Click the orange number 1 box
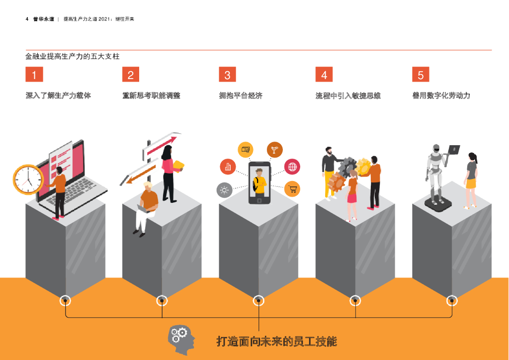(x=34, y=75)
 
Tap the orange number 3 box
(x=227, y=75)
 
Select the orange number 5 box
(x=421, y=75)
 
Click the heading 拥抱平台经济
(x=241, y=95)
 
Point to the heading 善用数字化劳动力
(x=441, y=95)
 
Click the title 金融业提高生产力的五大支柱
(x=73, y=57)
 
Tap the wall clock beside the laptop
(x=28, y=180)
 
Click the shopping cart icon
(x=292, y=189)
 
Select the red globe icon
(x=292, y=167)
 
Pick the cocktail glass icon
(x=274, y=150)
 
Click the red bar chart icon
(x=228, y=167)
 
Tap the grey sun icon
(x=224, y=190)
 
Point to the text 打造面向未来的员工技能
(x=276, y=342)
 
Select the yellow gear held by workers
(x=363, y=167)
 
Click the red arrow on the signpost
(x=162, y=145)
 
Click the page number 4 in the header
(x=27, y=19)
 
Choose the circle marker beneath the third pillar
(x=258, y=301)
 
